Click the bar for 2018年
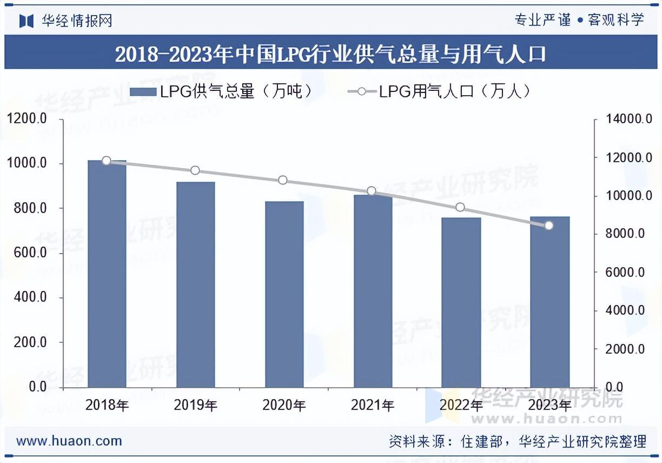tap(107, 274)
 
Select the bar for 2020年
tap(284, 294)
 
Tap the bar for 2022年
tap(461, 302)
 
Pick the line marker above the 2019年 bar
tap(195, 171)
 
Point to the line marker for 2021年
tap(372, 191)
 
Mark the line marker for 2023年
tap(549, 226)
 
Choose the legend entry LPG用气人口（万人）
tap(439, 91)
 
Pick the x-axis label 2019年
tap(195, 405)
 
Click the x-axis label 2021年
tap(372, 405)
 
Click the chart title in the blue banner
tap(330, 54)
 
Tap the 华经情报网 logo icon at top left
tap(27, 21)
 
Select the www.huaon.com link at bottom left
tap(69, 441)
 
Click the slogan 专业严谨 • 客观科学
tap(579, 21)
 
